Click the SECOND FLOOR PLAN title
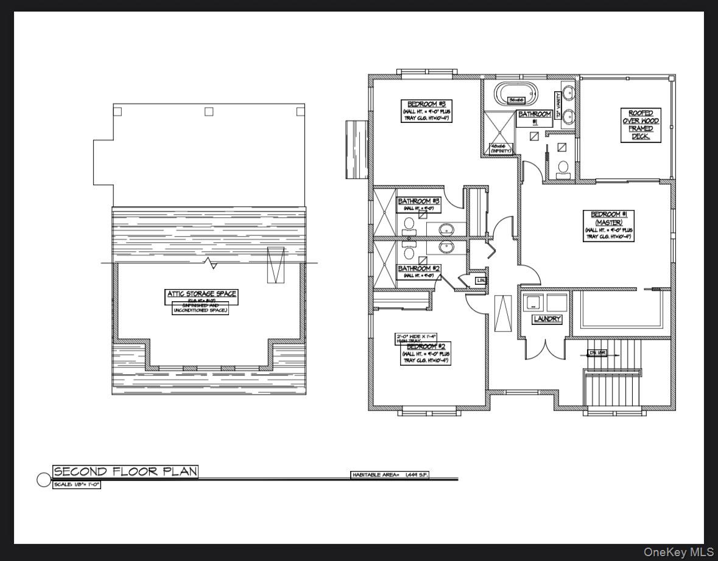125,472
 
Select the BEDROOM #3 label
426,103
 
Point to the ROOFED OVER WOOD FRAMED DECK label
641,125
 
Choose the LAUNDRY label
547,319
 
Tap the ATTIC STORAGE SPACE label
202,294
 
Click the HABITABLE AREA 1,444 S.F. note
390,475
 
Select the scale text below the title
76,485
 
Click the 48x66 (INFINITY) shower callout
501,148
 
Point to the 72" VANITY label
558,105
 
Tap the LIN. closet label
481,280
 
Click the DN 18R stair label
597,352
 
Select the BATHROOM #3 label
419,201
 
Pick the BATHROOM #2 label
419,268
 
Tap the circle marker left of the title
44,479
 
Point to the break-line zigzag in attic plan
211,263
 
